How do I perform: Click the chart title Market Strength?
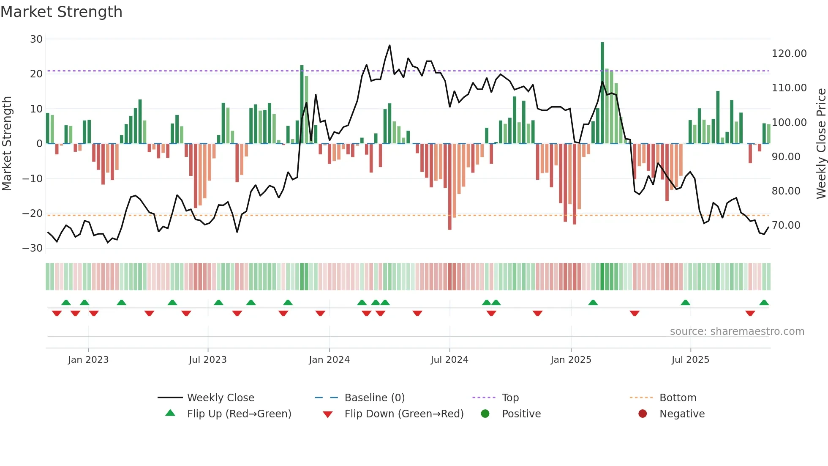point(61,12)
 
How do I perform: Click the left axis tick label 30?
point(36,39)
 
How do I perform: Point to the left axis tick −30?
point(33,248)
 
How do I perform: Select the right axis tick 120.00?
point(789,54)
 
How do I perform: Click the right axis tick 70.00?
point(786,225)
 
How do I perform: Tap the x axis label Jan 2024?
point(329,360)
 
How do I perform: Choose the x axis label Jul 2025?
point(690,360)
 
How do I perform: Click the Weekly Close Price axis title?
point(821,144)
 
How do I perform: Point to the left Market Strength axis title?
point(7,144)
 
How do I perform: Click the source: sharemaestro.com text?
point(737,332)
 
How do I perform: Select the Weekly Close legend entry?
point(220,398)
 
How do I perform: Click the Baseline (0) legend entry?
point(374,398)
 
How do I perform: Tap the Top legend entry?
point(510,398)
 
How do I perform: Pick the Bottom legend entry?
point(678,398)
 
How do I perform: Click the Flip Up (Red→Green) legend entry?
point(239,414)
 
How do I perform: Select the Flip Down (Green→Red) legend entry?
point(403,414)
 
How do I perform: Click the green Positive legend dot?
point(485,414)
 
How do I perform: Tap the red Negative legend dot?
point(643,414)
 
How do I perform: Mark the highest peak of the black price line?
point(389,45)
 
